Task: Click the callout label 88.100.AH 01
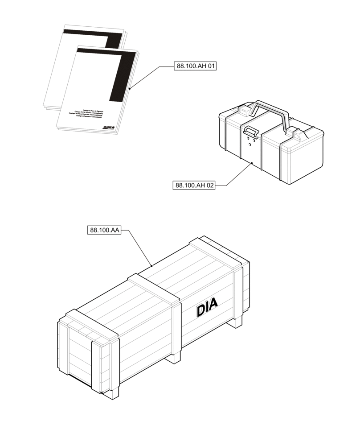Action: point(196,66)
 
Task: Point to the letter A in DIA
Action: point(213,305)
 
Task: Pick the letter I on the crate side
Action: point(207,307)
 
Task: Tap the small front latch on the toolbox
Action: point(250,131)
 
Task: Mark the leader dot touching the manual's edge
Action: point(129,89)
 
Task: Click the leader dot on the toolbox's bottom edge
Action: point(252,164)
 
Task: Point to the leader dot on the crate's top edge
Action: point(152,266)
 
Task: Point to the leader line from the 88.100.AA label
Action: point(138,247)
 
